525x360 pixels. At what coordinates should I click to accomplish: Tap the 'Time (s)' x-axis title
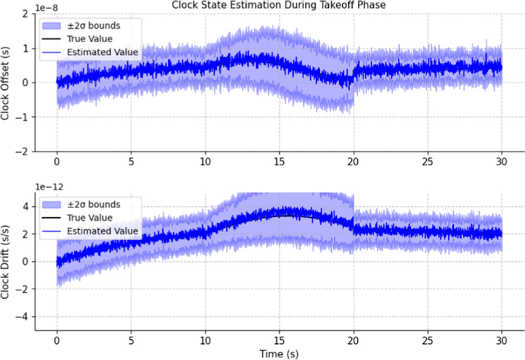pyautogui.click(x=279, y=353)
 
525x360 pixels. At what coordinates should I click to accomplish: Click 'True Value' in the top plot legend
pyautogui.click(x=89, y=38)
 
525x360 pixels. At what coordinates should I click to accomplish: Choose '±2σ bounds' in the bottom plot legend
pyautogui.click(x=94, y=204)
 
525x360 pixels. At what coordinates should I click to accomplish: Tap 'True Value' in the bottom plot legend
pyautogui.click(x=89, y=217)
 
